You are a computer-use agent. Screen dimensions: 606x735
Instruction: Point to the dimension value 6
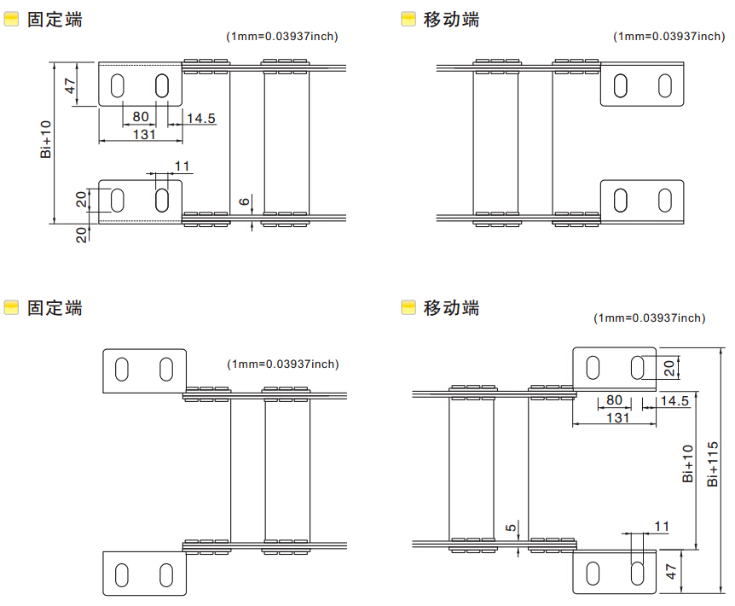click(244, 201)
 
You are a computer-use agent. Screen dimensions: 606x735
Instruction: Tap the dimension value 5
click(510, 528)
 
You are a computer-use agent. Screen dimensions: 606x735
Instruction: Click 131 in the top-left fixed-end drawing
click(143, 134)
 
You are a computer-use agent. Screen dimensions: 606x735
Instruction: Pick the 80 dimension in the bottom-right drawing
click(614, 400)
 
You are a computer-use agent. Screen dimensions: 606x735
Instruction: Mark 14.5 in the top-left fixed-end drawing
click(200, 119)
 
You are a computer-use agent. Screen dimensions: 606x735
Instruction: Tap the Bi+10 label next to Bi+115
click(687, 463)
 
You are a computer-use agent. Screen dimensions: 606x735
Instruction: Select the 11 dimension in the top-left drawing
click(182, 166)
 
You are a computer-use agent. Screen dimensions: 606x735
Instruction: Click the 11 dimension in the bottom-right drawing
click(662, 526)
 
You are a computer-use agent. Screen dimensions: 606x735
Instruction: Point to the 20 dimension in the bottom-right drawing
click(669, 368)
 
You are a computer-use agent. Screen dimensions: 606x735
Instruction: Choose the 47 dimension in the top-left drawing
click(71, 85)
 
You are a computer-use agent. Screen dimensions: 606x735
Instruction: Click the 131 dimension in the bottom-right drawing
click(616, 418)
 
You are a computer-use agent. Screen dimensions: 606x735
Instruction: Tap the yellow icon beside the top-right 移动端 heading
click(408, 19)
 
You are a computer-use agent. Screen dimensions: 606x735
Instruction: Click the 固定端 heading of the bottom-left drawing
click(55, 308)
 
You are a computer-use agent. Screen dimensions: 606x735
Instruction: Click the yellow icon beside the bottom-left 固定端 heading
click(12, 308)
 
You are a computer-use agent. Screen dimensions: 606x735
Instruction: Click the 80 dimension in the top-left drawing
click(141, 117)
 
